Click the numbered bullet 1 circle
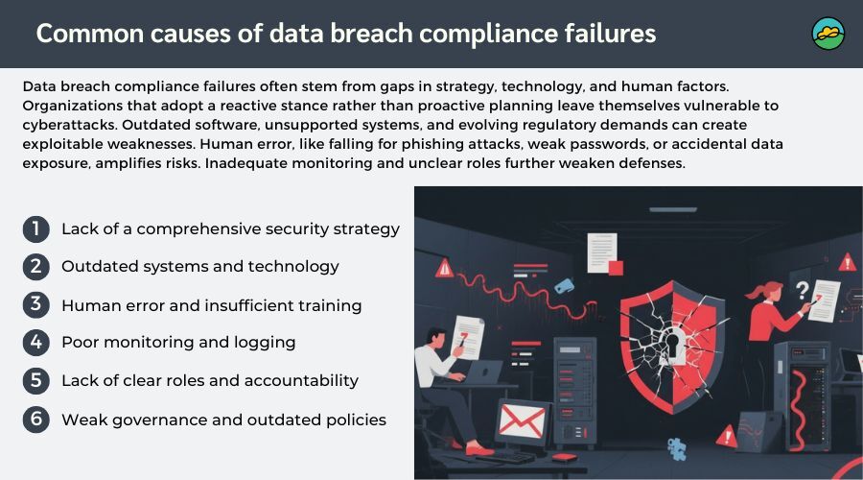36,228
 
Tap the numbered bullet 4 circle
36,342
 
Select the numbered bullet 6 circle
36,420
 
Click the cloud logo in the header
828,34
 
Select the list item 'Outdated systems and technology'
200,267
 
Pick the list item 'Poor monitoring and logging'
178,343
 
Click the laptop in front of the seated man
482,372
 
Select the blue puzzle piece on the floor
677,448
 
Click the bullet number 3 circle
36,304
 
